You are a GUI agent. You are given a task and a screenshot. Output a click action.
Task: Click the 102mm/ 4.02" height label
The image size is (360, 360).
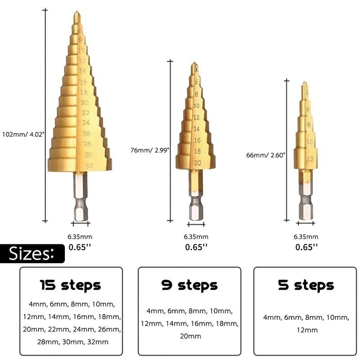(23, 134)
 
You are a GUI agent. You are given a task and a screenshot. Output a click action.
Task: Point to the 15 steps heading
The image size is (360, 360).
(71, 285)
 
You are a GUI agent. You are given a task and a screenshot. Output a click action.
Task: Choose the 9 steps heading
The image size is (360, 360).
(189, 285)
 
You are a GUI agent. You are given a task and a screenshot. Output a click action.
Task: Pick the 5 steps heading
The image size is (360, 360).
(306, 285)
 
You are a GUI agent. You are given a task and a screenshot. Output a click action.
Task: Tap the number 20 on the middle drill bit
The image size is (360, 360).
(197, 163)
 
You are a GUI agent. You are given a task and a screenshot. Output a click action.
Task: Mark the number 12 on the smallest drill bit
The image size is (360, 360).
(310, 159)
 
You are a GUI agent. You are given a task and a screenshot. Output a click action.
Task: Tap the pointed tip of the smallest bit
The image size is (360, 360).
(305, 84)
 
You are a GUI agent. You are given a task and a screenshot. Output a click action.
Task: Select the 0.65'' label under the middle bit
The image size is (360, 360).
(196, 247)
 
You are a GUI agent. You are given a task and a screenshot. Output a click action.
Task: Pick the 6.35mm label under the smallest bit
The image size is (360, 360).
(306, 237)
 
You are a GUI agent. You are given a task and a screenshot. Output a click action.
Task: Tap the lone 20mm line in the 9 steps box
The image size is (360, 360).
(189, 336)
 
